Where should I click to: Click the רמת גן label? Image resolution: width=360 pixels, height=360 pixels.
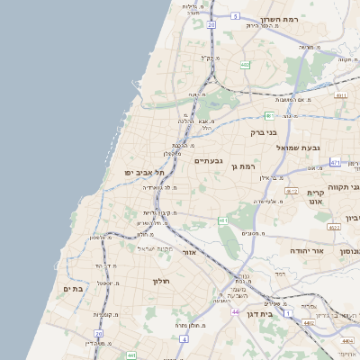pyautogui.click(x=244, y=166)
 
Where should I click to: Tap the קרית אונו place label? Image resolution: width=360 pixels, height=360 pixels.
pyautogui.click(x=315, y=199)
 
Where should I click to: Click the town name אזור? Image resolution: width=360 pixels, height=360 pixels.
pyautogui.click(x=188, y=252)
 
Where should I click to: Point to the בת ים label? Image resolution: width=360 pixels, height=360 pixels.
pyautogui.click(x=73, y=288)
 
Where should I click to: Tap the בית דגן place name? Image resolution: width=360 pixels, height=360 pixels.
pyautogui.click(x=259, y=314)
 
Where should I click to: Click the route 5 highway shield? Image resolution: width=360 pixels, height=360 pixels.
pyautogui.click(x=235, y=16)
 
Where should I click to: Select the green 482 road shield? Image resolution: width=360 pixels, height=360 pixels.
pyautogui.click(x=246, y=65)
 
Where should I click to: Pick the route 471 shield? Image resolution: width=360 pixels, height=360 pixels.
pyautogui.click(x=336, y=163)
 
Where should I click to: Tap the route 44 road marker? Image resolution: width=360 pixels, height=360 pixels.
pyautogui.click(x=234, y=311)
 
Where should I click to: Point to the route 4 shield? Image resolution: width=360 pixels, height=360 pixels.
pyautogui.click(x=184, y=339)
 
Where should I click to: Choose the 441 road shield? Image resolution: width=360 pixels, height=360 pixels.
pyautogui.click(x=131, y=355)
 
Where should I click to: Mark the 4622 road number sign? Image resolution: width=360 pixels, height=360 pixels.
pyautogui.click(x=333, y=227)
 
